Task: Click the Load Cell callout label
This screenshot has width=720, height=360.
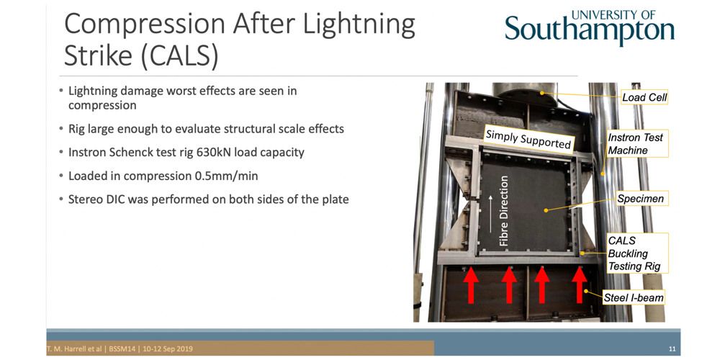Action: [x=644, y=97]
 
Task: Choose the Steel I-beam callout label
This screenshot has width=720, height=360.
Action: [x=633, y=297]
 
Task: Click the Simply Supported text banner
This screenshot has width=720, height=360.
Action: [x=528, y=139]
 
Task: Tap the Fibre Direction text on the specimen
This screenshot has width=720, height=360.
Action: [x=504, y=210]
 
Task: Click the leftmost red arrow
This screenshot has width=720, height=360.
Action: [x=471, y=285]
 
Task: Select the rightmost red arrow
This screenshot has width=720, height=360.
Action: [x=580, y=285]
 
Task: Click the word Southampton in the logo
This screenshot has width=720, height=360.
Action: [x=590, y=29]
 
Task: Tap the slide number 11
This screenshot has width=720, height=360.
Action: [x=672, y=349]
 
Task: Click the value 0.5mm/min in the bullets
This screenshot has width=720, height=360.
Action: [x=222, y=176]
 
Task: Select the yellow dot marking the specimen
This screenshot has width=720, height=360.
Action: [x=546, y=210]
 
